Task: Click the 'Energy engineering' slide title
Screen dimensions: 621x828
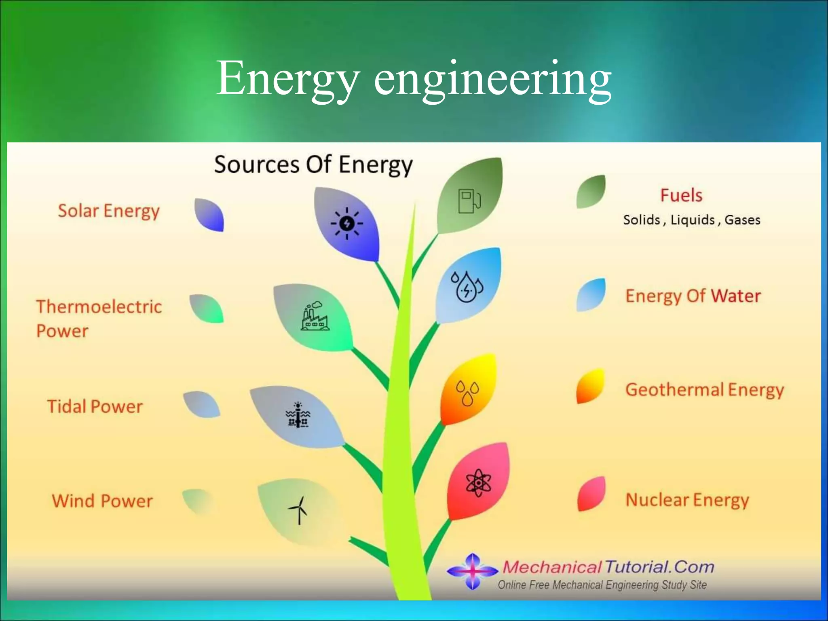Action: pos(414,79)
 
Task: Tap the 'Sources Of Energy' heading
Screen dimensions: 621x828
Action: pos(313,165)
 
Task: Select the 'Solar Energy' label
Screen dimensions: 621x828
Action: pos(109,211)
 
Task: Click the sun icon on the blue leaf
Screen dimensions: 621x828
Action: pos(346,223)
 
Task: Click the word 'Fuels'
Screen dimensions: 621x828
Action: pos(681,195)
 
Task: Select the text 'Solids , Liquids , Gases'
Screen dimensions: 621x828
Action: pos(691,220)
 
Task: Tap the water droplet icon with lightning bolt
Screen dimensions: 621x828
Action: pos(467,287)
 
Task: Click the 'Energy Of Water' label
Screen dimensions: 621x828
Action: pos(693,296)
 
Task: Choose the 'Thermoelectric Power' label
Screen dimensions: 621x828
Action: pos(99,319)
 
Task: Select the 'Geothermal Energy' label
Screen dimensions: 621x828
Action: pos(704,390)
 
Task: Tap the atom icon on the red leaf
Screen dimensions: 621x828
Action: pos(478,482)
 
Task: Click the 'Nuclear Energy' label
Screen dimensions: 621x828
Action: pos(687,500)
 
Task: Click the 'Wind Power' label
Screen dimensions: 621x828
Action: pos(102,501)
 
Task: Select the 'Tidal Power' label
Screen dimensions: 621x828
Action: pos(95,407)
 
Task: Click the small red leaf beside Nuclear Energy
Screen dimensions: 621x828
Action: pos(591,494)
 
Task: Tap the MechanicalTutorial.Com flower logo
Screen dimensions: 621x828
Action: pos(472,571)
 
